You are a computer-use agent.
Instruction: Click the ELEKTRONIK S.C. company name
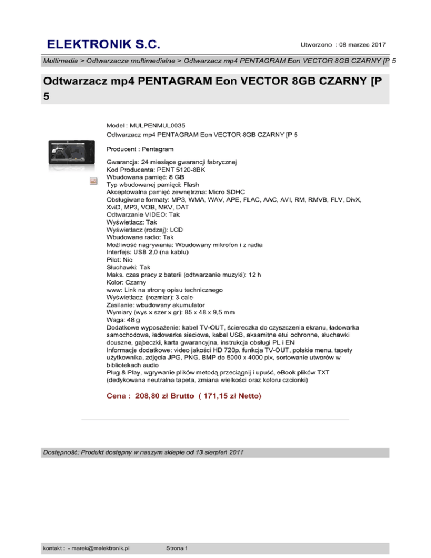pos(104,44)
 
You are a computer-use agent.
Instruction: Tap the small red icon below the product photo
pos(94,181)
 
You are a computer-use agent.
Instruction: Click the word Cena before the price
pos(117,396)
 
